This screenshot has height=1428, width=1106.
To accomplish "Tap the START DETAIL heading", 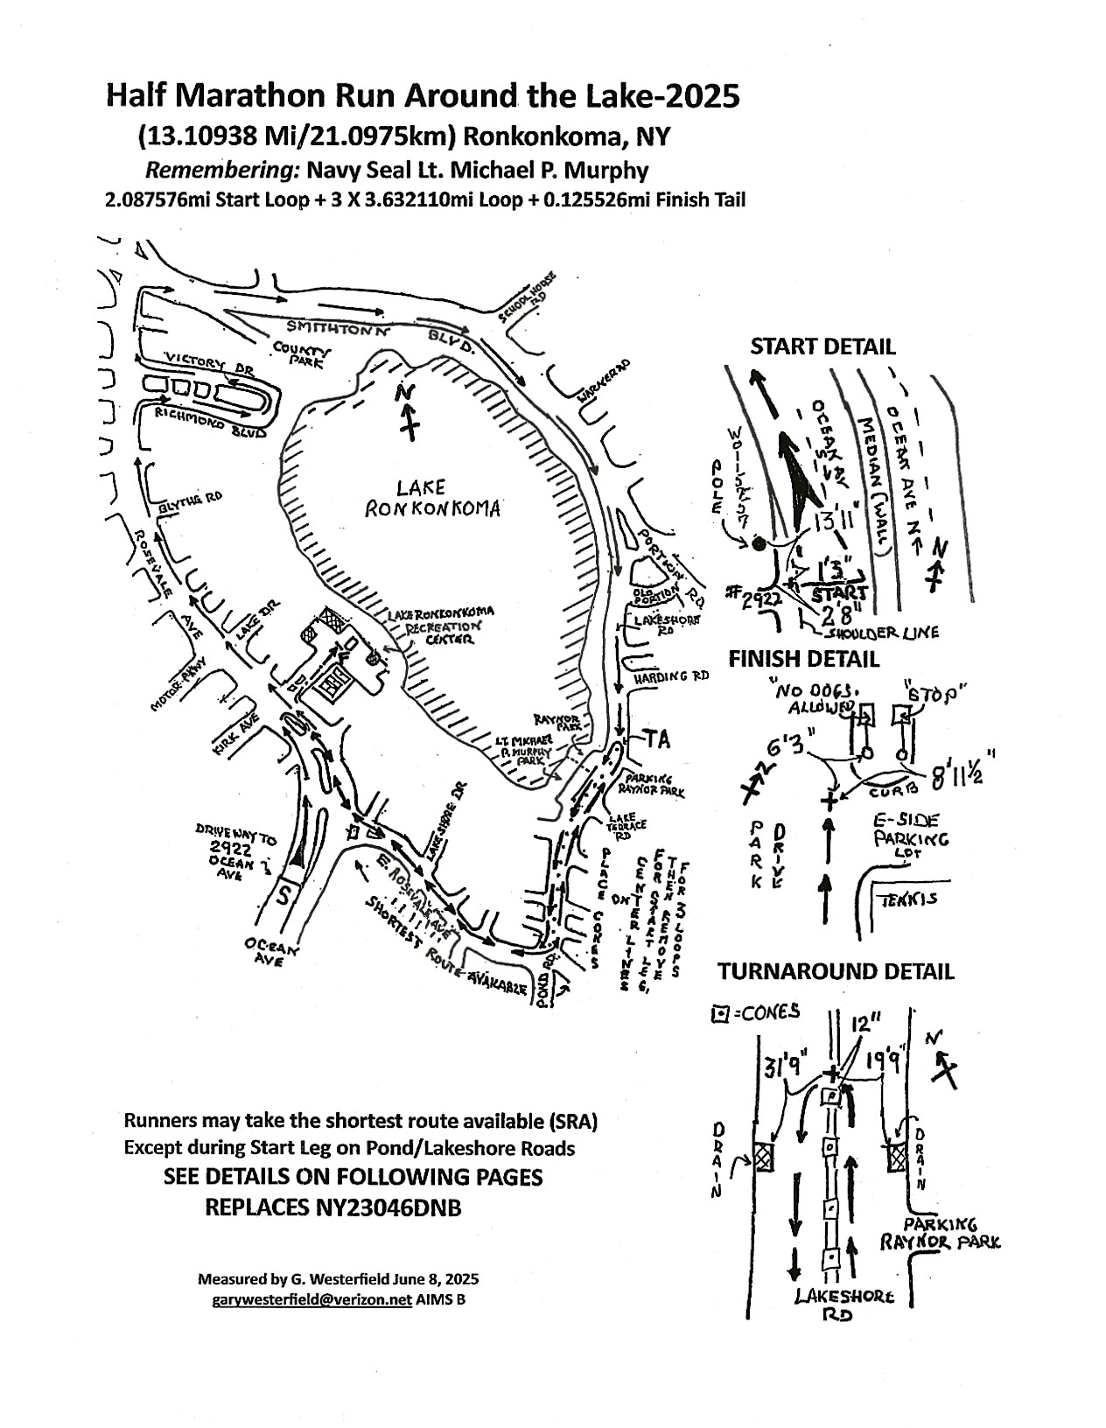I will click(x=822, y=346).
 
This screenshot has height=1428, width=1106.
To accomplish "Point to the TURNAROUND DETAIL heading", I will click(x=836, y=971).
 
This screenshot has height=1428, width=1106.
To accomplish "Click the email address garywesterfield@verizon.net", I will click(x=311, y=1299).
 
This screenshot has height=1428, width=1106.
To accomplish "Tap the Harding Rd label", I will click(x=669, y=676).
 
